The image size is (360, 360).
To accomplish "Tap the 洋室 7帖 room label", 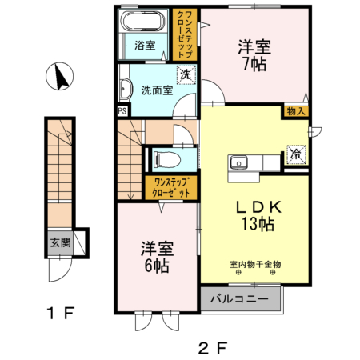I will [254, 54].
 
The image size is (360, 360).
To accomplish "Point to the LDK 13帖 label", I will [254, 215].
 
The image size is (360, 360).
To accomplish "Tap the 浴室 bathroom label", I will [145, 46].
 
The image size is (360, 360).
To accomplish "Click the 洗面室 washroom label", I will [158, 90].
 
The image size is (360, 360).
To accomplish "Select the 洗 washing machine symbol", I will [186, 75].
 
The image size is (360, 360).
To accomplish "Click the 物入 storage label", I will [294, 111].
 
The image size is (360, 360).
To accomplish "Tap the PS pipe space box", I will [122, 111].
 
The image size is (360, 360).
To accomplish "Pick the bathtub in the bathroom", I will [145, 22].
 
